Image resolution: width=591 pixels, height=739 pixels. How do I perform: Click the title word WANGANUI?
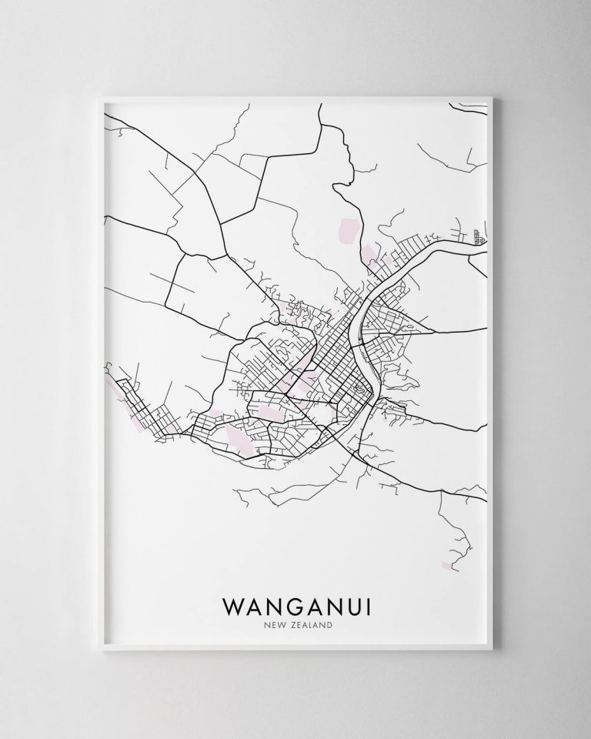pyautogui.click(x=296, y=606)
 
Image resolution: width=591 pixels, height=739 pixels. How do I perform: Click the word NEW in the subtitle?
pyautogui.click(x=269, y=626)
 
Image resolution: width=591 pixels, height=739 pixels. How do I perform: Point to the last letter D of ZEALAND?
pyautogui.click(x=329, y=626)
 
